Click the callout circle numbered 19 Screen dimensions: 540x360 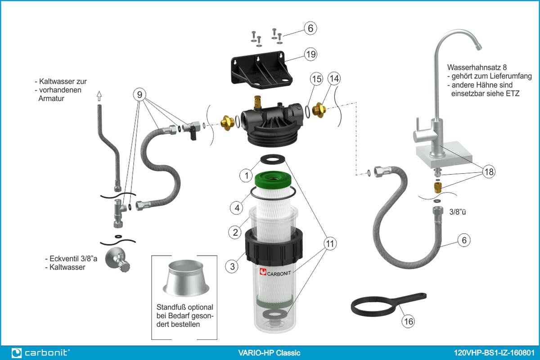pos(310,54)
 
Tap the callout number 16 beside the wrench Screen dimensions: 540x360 pos(409,321)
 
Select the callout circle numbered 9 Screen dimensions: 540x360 pos(139,94)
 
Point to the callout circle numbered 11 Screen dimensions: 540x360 pos(330,243)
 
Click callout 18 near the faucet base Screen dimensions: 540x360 pos(489,172)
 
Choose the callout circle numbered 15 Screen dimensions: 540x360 pos(316,79)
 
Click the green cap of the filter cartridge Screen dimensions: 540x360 pos(273,179)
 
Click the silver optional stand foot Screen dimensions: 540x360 pos(186,278)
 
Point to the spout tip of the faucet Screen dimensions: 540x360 pos(479,46)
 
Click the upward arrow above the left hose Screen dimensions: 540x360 pos(99,96)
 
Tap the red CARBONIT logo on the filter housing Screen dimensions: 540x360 pos(263,272)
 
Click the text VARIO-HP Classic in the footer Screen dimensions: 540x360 pos(269,353)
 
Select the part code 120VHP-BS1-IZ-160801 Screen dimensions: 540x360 pos(494,353)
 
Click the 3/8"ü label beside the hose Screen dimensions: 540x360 pos(458,212)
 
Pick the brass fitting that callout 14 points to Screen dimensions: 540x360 pos(319,110)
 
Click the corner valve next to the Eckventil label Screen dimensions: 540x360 pos(117,260)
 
